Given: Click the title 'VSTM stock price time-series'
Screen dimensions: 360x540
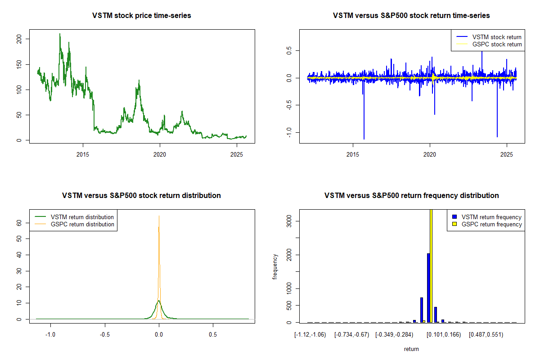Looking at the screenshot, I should pyautogui.click(x=141, y=16).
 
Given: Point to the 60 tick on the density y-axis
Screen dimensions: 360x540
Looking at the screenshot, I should pyautogui.click(x=19, y=222).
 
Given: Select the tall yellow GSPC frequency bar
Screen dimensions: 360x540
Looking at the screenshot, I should pyautogui.click(x=431, y=265).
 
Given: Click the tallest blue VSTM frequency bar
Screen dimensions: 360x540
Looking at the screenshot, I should pyautogui.click(x=428, y=288).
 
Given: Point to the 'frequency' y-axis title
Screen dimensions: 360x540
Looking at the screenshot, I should pyautogui.click(x=275, y=267).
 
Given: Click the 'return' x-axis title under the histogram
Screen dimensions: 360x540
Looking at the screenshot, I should pyautogui.click(x=411, y=349).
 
